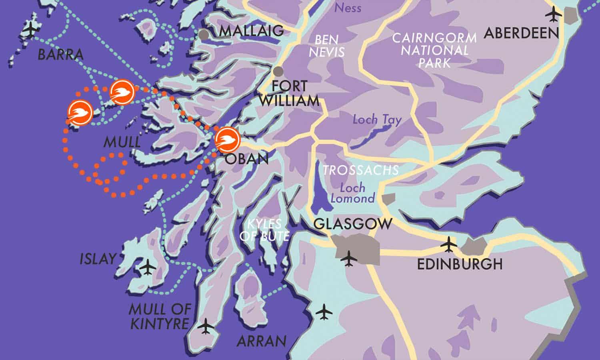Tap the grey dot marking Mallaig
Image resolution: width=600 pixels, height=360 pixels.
(x=204, y=34)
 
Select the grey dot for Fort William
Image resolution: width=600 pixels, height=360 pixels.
(x=278, y=72)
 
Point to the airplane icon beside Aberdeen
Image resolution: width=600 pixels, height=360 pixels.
(x=554, y=15)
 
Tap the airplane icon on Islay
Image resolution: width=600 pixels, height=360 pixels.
(x=148, y=266)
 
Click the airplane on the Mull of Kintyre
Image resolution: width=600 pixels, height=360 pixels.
(x=206, y=326)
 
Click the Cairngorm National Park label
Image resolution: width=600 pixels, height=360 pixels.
(x=434, y=50)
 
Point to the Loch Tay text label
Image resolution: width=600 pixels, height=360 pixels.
(x=377, y=120)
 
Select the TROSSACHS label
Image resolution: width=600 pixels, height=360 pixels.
(x=361, y=170)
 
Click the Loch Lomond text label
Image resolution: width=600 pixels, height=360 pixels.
(x=352, y=193)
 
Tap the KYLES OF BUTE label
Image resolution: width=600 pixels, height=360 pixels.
(x=264, y=230)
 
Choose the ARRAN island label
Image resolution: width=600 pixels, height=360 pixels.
(x=262, y=341)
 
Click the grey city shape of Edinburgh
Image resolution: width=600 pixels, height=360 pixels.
(x=473, y=246)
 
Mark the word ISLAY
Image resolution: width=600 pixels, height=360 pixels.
(x=98, y=259)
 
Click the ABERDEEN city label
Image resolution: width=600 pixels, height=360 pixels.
(x=521, y=33)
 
